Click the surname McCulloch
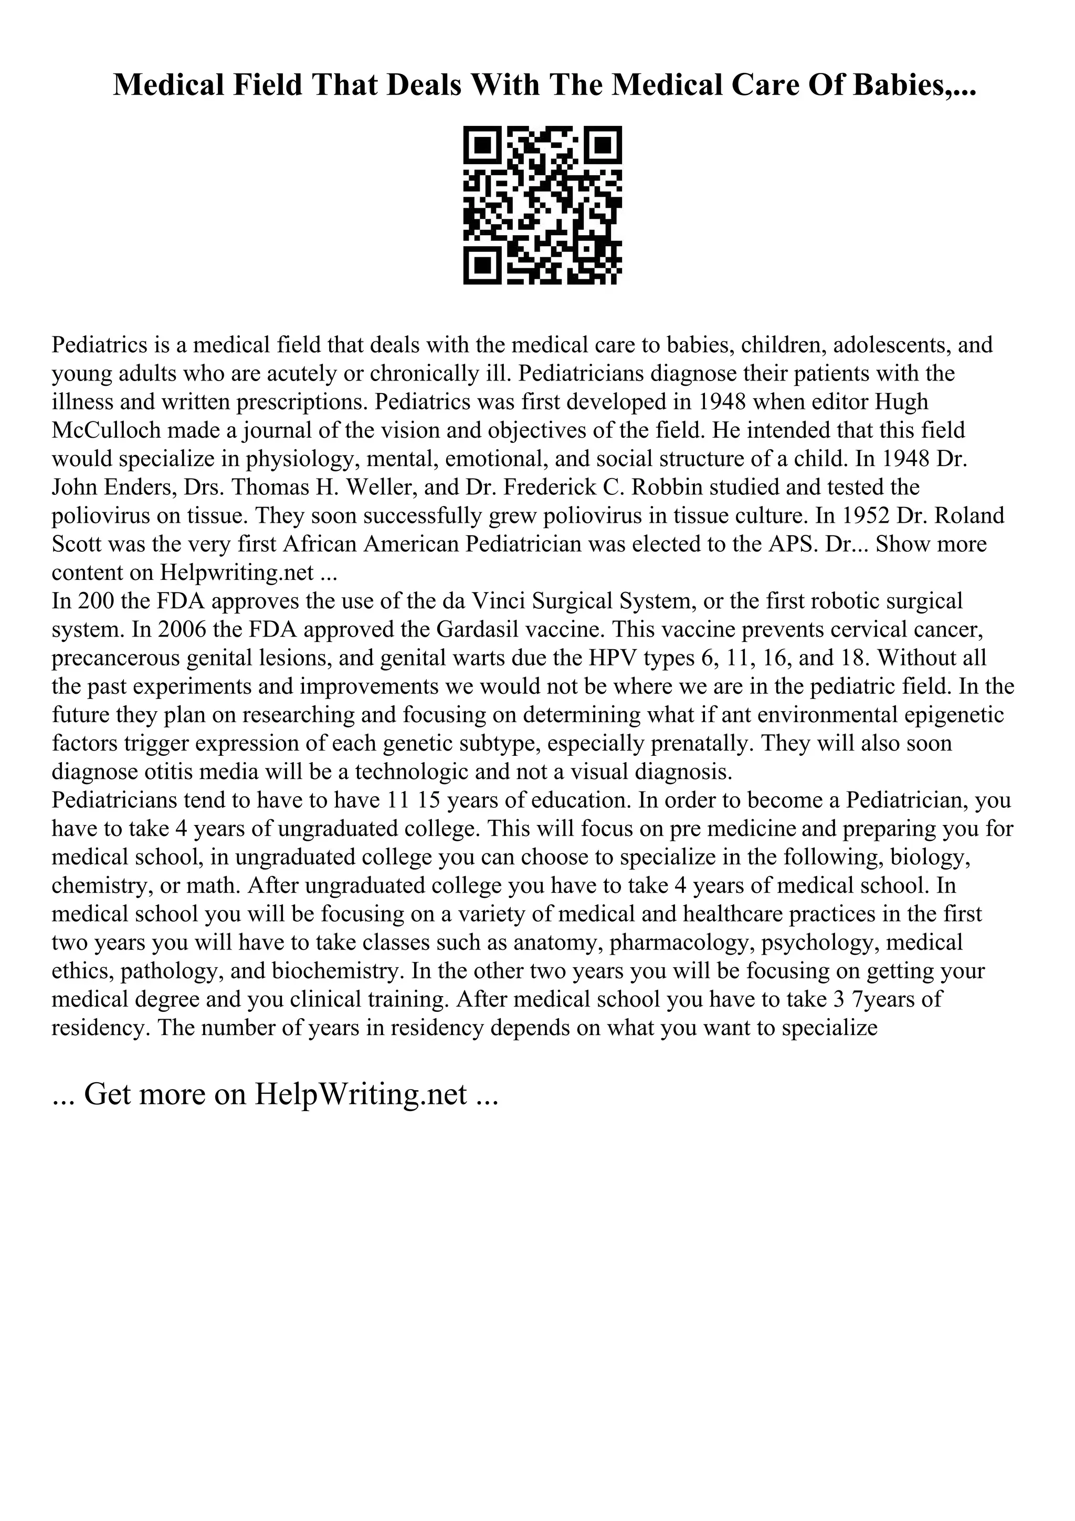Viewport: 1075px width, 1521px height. tap(106, 430)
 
